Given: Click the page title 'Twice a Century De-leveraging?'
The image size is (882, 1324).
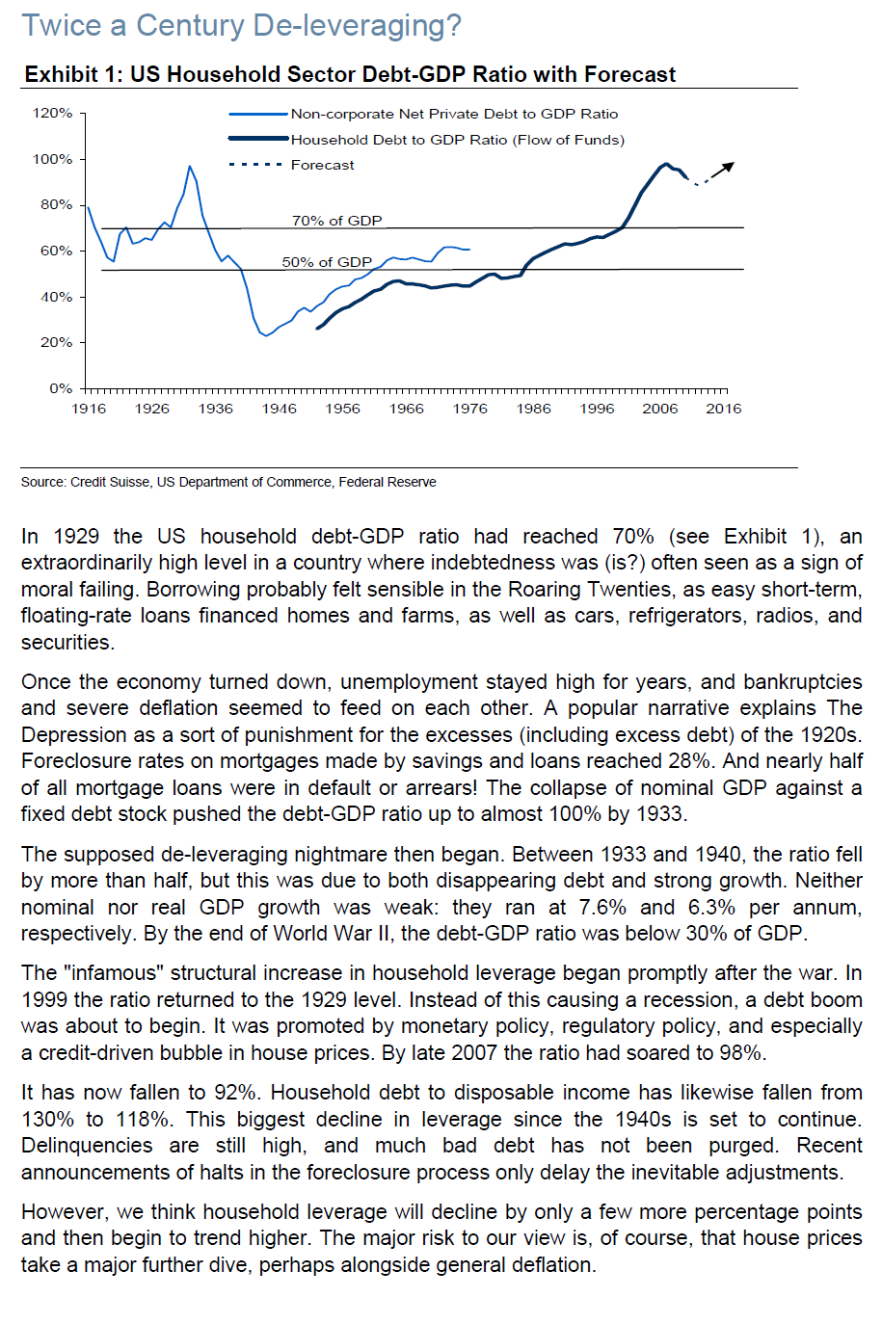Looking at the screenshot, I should [241, 25].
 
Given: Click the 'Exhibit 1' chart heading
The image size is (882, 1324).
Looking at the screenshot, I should [350, 74].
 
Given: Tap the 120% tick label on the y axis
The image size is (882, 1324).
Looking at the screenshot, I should [53, 113].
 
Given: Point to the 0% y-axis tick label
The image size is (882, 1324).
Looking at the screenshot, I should [61, 388].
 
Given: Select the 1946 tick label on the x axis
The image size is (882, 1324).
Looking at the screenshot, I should [279, 409].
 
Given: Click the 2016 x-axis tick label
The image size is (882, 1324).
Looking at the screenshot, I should [723, 409].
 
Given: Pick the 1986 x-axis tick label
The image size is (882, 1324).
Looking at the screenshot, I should [533, 409].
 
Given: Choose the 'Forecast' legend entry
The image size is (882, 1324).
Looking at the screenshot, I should [322, 165].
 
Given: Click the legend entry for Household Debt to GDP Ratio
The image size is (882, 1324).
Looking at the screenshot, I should [457, 140].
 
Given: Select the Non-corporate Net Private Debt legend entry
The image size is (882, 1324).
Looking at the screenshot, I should [454, 114].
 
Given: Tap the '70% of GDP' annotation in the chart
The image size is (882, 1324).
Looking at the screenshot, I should [336, 221].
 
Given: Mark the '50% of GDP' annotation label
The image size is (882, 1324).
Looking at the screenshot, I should [327, 262].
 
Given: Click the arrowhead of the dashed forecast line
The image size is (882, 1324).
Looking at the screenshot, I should [730, 166].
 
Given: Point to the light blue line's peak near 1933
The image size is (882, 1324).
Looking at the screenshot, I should [189, 167].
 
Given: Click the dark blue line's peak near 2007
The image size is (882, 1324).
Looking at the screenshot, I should [666, 164].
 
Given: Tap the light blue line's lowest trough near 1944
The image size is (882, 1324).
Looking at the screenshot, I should [266, 335].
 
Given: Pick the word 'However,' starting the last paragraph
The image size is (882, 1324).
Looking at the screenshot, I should [60, 1211].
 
